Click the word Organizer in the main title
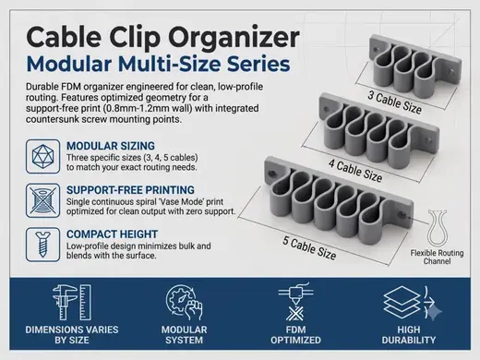point(234,39)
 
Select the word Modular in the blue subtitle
point(69,64)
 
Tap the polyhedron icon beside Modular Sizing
point(42,156)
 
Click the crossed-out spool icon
point(42,200)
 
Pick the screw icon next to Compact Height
point(42,245)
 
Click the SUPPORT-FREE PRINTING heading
point(130,190)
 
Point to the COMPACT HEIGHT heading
point(112,234)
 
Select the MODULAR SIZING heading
point(111,146)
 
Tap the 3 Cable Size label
point(395,102)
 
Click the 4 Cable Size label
point(355,170)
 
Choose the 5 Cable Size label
point(309,248)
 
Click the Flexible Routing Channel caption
point(437,257)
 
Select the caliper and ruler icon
point(72,303)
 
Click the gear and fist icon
point(184,303)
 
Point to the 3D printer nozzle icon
point(295,302)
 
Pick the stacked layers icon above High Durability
point(402,302)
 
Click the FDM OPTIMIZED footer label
point(295,335)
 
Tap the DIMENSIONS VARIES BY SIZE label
point(72,335)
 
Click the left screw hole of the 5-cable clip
point(271,174)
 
